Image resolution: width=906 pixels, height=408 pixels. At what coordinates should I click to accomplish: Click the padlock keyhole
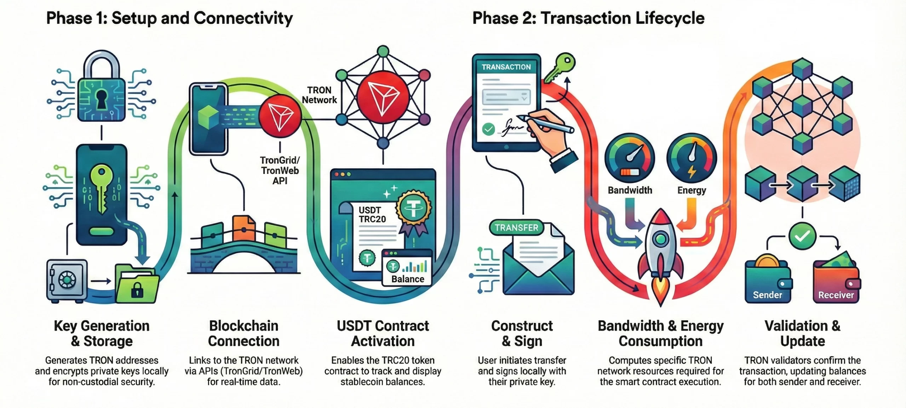click(x=101, y=99)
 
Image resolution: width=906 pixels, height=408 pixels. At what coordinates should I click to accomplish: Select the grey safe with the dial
click(x=67, y=281)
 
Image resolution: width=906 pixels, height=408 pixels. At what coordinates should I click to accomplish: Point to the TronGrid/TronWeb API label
click(x=280, y=170)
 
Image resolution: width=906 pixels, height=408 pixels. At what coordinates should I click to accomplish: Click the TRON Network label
click(x=319, y=95)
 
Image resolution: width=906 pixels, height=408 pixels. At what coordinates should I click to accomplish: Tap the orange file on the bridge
click(x=243, y=228)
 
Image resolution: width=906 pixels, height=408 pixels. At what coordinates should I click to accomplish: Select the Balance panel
click(x=407, y=268)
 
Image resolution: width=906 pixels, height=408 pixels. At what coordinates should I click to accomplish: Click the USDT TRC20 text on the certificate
click(x=372, y=215)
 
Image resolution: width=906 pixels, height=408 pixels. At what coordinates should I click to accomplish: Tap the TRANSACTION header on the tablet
click(x=506, y=67)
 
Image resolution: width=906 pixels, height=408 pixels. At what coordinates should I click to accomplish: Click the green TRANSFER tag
click(x=516, y=228)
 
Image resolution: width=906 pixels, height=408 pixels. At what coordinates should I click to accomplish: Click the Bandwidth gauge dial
click(x=630, y=158)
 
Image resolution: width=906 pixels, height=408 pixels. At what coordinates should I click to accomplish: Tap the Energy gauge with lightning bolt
click(x=692, y=158)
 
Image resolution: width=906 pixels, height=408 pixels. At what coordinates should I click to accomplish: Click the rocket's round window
click(x=660, y=239)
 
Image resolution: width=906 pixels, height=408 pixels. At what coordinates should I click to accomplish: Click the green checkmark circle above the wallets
click(x=802, y=236)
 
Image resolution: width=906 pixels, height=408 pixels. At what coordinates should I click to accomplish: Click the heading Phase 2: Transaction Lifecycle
click(x=588, y=18)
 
